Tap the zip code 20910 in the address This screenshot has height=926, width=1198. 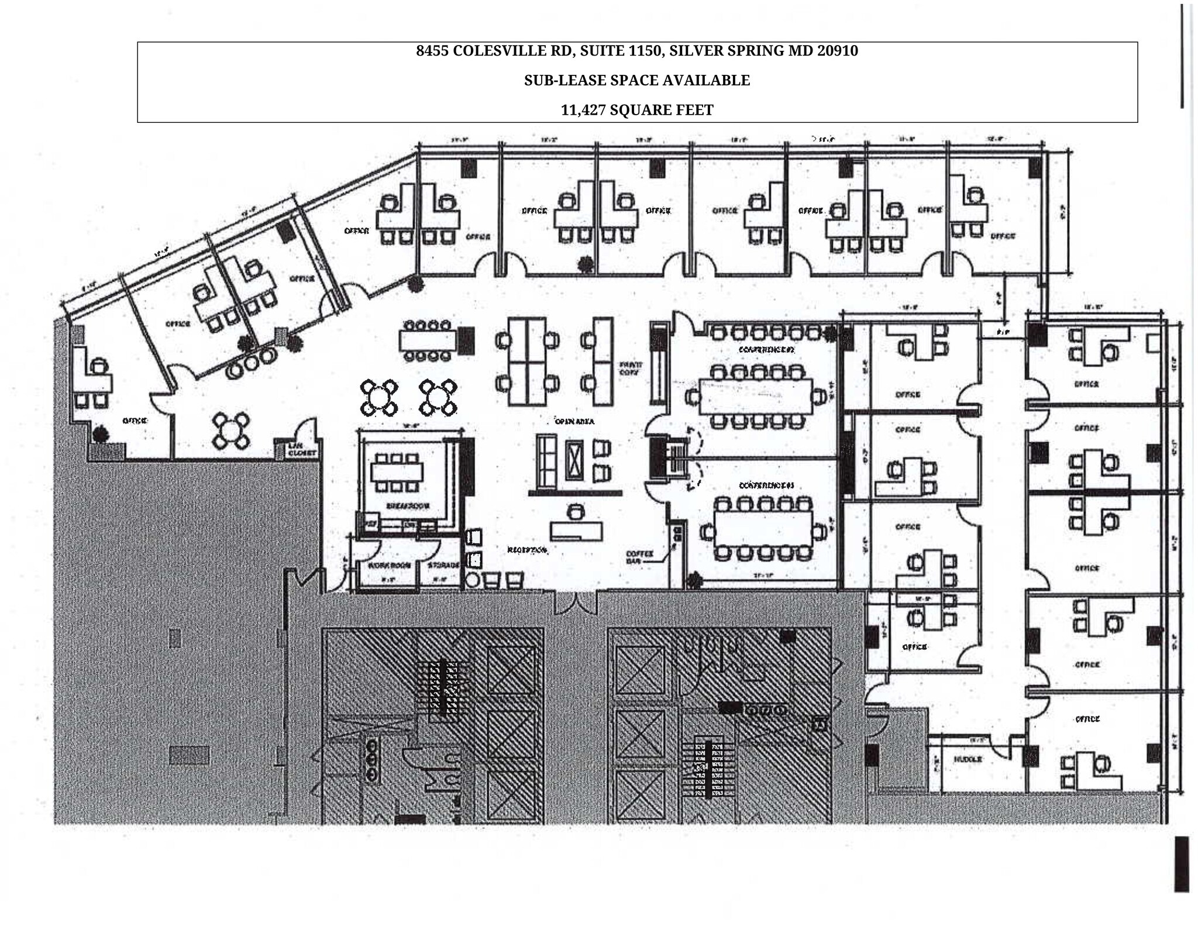pos(837,51)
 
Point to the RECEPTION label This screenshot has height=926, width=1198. pos(526,550)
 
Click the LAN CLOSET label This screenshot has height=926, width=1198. pos(301,450)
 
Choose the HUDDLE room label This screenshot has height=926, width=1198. pos(968,759)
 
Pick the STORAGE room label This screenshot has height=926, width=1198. pos(443,566)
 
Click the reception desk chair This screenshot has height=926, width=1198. pos(577,512)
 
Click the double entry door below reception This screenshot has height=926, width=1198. pos(576,603)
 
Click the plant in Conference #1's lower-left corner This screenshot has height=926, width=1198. pos(694,581)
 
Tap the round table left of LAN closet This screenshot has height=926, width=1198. pos(231,431)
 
